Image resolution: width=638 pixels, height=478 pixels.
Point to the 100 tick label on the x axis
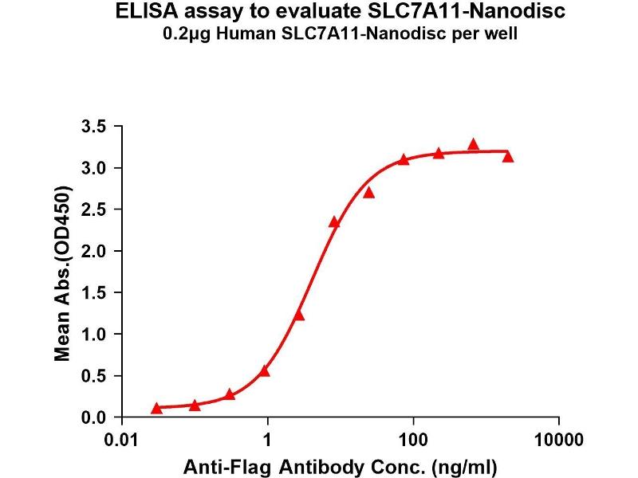(413, 438)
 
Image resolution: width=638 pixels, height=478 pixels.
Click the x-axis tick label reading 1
(269, 438)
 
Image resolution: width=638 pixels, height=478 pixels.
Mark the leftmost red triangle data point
(156, 408)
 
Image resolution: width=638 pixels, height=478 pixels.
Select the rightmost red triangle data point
(508, 157)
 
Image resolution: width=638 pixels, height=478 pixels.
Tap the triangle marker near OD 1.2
(299, 315)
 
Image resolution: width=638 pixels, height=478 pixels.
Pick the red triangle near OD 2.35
(334, 222)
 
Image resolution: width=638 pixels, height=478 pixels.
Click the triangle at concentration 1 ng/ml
(265, 370)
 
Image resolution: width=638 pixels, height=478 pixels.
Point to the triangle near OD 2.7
(368, 192)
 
